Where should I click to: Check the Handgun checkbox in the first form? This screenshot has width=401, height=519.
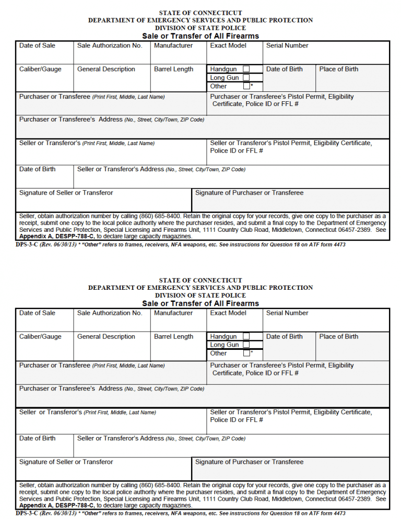[x=246, y=69]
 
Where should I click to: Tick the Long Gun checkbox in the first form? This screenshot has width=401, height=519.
[x=246, y=78]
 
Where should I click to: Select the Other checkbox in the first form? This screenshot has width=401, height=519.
[x=246, y=86]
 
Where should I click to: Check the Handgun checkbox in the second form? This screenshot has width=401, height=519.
[x=246, y=336]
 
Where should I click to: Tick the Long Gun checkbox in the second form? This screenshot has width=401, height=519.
[x=246, y=345]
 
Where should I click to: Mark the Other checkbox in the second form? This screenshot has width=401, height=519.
[x=246, y=353]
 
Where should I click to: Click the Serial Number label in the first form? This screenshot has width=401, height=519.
[x=287, y=45]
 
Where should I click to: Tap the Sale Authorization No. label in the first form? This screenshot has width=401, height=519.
[x=110, y=45]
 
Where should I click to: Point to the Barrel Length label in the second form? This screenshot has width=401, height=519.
[x=173, y=336]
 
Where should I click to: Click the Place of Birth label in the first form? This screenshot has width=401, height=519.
[x=339, y=69]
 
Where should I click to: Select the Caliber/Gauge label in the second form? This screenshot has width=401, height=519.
[x=40, y=336]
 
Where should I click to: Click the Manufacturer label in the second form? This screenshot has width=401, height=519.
[x=173, y=313]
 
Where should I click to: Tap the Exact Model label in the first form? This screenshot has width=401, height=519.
[x=228, y=45]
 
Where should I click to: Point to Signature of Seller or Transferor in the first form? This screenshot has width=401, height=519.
[x=66, y=193]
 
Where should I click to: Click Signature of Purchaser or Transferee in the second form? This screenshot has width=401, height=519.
[x=249, y=462]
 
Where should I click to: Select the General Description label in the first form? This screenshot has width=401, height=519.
[x=106, y=69]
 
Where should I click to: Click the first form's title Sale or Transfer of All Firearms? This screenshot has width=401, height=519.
[x=200, y=36]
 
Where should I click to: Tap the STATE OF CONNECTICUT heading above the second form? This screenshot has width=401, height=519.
[x=200, y=280]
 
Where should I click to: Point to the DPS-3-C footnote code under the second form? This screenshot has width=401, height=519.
[x=26, y=513]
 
